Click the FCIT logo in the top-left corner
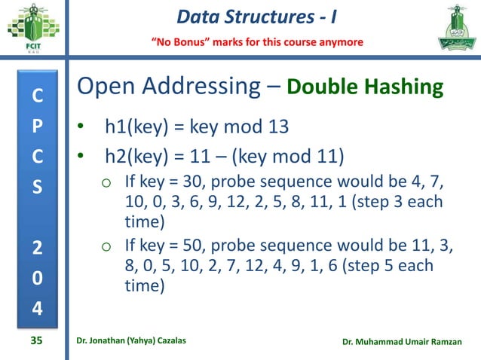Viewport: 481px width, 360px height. (31, 30)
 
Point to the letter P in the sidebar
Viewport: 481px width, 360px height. (36, 127)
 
